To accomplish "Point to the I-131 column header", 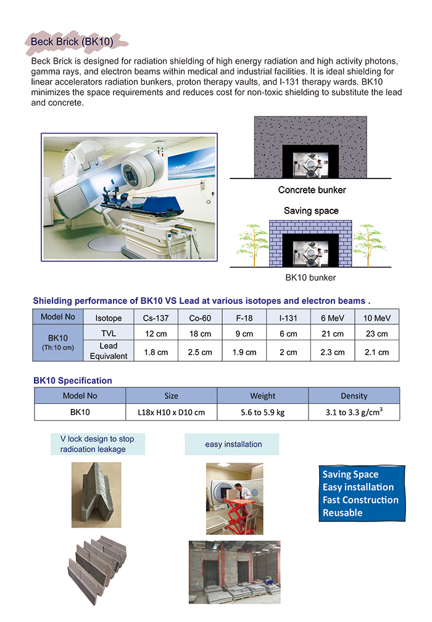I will tap(288, 317).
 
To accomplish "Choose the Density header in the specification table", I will tap(354, 396).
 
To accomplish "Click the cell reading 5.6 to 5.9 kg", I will tap(262, 412).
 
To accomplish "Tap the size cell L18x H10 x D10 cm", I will tap(171, 412).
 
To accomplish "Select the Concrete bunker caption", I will tap(312, 190).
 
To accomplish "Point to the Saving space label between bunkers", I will tap(311, 211).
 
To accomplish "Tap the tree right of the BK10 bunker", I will tap(369, 245).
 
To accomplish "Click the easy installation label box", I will tap(233, 444).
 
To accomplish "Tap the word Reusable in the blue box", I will tap(343, 513).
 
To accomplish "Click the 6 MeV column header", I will tap(332, 317).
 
